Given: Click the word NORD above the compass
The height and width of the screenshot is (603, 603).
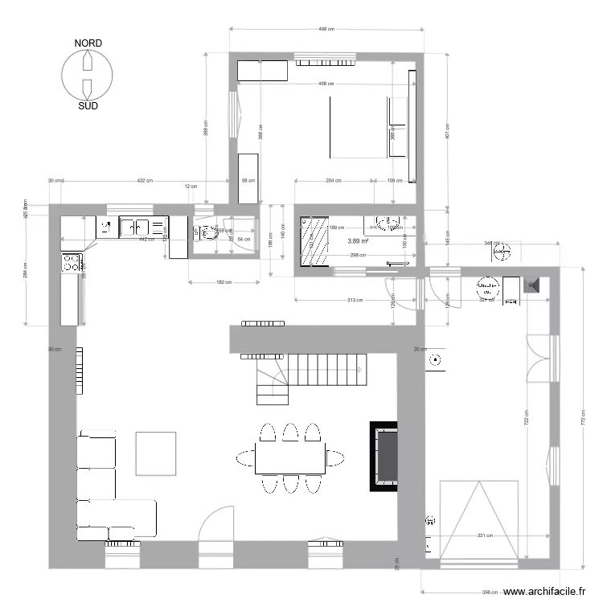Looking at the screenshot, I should point(88,43).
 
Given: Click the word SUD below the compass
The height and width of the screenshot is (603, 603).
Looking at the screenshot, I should point(88,105).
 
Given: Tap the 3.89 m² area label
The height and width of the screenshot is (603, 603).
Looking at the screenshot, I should point(358,240).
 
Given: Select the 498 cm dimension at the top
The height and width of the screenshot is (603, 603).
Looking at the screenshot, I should point(326,29).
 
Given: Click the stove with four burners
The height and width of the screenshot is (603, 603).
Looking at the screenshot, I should point(71,261).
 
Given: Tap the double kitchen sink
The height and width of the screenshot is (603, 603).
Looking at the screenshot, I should point(135,227).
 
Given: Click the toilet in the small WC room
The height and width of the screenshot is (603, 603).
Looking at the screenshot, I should point(207,233).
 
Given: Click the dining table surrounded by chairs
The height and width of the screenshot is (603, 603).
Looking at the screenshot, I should point(291,458).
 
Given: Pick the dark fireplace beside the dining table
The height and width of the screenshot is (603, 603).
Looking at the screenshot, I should point(384,456).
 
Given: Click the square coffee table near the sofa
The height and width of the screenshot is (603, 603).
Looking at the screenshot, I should point(155,453).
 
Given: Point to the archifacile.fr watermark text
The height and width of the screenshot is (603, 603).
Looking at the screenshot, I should point(544,593).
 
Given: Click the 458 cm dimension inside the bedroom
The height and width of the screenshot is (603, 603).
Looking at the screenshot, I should point(326,84).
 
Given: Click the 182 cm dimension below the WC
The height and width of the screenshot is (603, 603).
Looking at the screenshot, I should point(224,282).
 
